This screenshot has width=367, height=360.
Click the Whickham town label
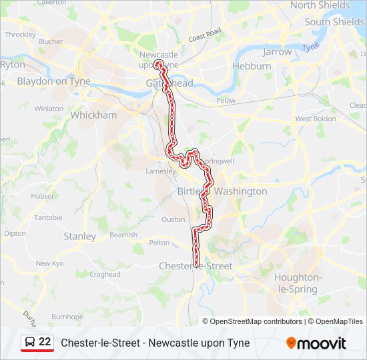click(x=93, y=115)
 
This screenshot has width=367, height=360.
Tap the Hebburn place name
click(x=252, y=66)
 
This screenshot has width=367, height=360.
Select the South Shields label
click(x=335, y=22)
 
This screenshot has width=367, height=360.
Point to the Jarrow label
click(x=278, y=51)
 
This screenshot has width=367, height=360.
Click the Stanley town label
click(x=79, y=236)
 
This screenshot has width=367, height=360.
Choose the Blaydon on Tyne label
click(x=53, y=81)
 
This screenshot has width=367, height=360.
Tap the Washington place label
click(x=240, y=191)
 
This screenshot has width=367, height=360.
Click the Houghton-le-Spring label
click(x=298, y=283)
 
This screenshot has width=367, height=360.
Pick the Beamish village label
click(x=123, y=235)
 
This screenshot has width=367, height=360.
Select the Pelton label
click(x=159, y=243)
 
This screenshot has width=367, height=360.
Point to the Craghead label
click(x=105, y=274)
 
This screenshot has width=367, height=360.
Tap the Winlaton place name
click(x=49, y=108)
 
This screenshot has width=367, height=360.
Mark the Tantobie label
click(x=48, y=217)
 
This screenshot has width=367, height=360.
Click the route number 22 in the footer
click(x=45, y=341)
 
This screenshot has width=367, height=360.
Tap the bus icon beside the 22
click(x=30, y=342)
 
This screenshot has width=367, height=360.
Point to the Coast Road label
click(x=204, y=35)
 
